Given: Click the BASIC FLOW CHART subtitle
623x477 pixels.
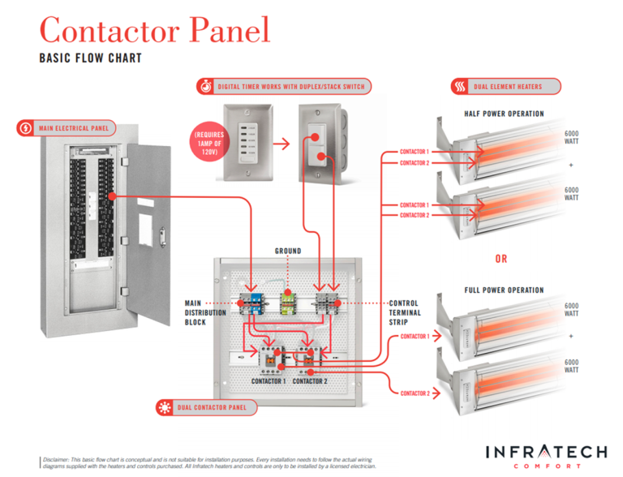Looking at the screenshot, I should click(90, 58).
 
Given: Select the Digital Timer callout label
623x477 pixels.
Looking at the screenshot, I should click(283, 86).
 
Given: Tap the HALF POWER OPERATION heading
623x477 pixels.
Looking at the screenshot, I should click(504, 114).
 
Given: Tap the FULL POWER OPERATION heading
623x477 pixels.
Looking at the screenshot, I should click(504, 290).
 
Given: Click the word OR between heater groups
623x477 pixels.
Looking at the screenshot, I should click(502, 259).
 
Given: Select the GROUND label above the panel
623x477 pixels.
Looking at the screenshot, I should click(287, 251).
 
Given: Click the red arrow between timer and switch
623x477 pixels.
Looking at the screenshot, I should click(281, 145).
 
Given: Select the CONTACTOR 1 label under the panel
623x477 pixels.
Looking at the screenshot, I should click(268, 380).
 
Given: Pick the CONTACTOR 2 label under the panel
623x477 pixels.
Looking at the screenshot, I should click(311, 380).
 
